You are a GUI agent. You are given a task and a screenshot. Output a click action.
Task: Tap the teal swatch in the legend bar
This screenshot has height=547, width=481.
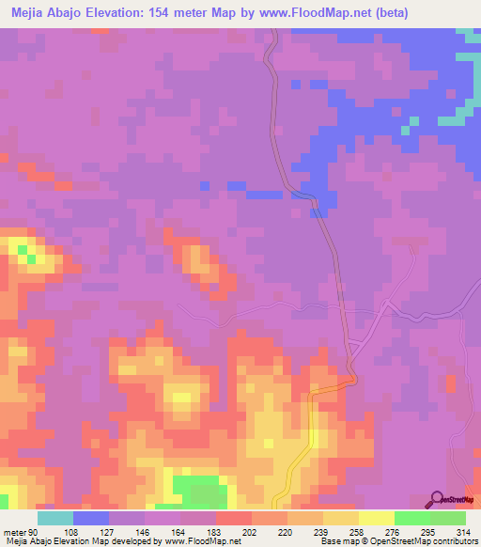55,518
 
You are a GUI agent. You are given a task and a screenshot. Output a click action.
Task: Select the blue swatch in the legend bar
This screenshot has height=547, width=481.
91,518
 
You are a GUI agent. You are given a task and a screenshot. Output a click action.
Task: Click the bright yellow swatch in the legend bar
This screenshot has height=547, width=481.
377,518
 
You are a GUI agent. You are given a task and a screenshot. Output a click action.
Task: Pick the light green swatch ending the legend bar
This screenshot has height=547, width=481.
448,518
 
